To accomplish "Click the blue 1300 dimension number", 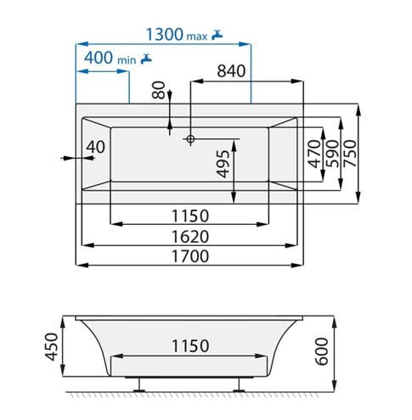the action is (165, 35).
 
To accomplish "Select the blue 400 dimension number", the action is (99, 58).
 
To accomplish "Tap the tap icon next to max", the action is (217, 35).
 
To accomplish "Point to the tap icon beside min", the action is (146, 59).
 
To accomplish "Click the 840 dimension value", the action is (231, 71).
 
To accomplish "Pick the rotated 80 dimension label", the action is (159, 90).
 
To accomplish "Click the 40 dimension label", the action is (95, 147).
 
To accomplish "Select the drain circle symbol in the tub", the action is (190, 139).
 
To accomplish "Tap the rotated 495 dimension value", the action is (223, 164).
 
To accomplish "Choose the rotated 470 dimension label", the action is (314, 154).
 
